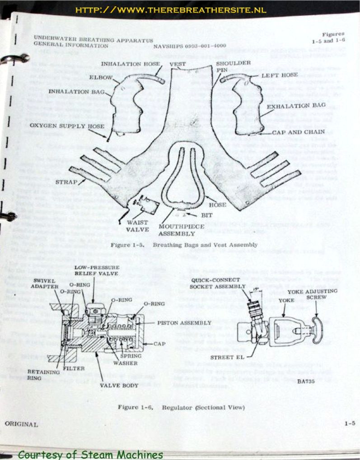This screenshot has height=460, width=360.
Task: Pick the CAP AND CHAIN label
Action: coord(298,132)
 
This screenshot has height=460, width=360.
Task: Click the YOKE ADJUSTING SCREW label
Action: coord(317,294)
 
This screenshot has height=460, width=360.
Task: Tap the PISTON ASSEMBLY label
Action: coord(184,323)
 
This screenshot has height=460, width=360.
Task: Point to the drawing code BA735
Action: coord(305,368)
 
